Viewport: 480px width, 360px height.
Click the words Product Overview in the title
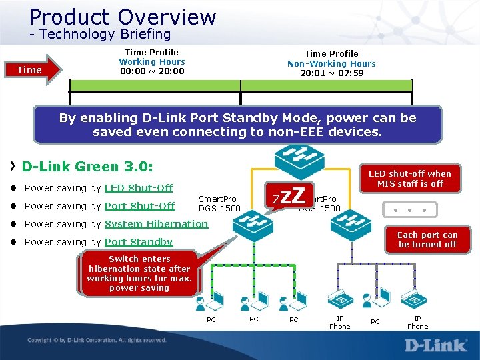coord(123,16)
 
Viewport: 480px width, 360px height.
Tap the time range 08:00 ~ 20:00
coord(152,71)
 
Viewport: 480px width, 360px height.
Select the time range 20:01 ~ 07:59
coord(331,73)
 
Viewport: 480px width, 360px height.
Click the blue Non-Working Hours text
coord(331,63)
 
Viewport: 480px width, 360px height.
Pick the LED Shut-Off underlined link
coord(139,188)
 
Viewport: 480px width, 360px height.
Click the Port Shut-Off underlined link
coord(139,206)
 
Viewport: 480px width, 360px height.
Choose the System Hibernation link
coord(156,224)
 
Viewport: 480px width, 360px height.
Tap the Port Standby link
coord(139,242)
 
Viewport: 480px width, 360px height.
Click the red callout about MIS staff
coord(409,179)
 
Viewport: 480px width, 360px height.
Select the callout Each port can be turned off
coord(427,240)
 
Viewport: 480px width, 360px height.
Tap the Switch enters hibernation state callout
coord(139,273)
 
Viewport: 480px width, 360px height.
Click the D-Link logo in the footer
coord(435,344)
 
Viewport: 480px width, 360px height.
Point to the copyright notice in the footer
coord(97,340)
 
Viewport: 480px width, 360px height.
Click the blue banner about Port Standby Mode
coord(237,125)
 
